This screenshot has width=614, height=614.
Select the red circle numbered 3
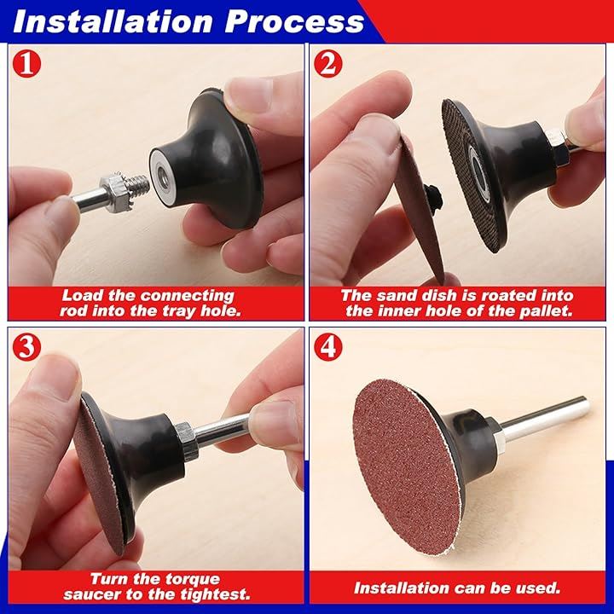[26, 347]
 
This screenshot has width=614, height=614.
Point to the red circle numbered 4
[328, 347]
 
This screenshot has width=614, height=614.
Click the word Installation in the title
[113, 21]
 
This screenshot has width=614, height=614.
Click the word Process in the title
[294, 22]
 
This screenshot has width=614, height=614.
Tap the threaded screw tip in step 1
[140, 183]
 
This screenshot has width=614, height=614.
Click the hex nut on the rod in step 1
[115, 194]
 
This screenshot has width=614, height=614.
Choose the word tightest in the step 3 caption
[215, 595]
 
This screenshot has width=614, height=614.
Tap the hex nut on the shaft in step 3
[187, 441]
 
